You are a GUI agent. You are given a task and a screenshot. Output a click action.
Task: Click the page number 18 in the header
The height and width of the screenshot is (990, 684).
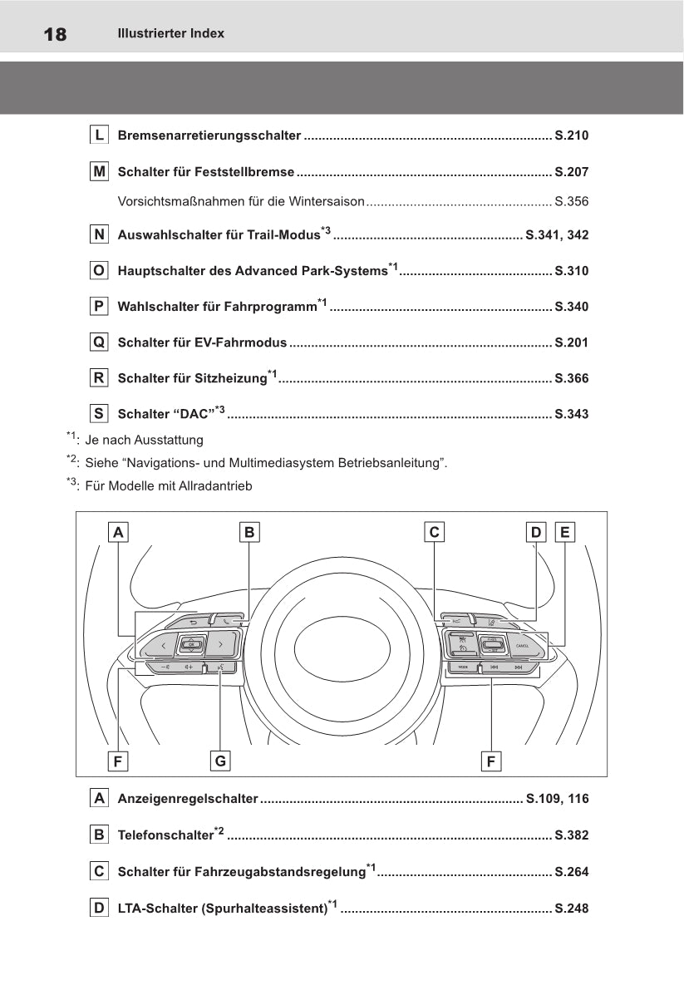point(43,34)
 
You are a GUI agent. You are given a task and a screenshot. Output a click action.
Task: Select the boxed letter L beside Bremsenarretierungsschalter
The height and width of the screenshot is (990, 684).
point(99,135)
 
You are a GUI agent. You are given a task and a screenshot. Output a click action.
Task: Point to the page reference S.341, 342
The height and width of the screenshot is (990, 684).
point(557,235)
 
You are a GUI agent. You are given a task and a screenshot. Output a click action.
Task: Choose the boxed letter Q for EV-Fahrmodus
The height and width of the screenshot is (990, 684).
point(99,342)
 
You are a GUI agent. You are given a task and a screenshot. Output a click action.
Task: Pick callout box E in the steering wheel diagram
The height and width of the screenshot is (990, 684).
point(565,532)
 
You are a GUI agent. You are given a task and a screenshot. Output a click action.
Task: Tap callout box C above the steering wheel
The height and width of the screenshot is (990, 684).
point(433,532)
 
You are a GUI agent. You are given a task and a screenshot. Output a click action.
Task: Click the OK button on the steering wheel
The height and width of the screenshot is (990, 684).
point(191,644)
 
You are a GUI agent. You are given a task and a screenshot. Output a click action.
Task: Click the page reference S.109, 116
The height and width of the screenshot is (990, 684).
point(557,799)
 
